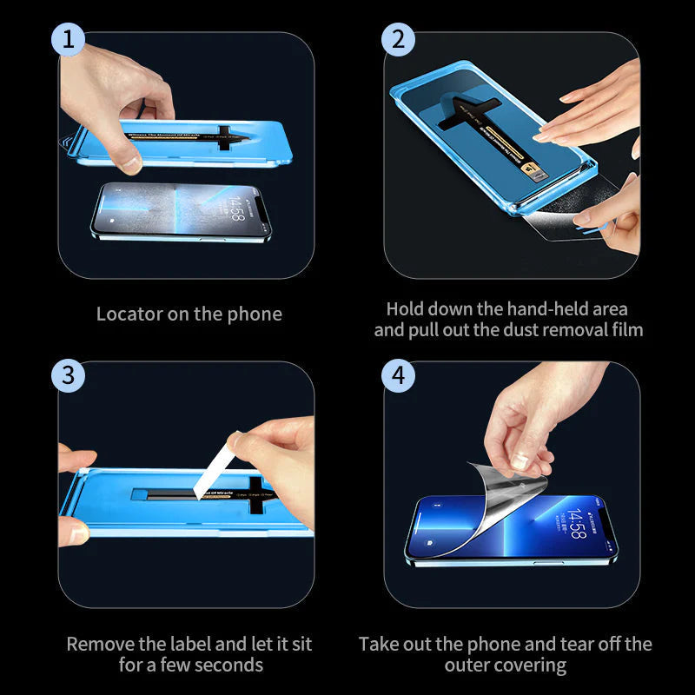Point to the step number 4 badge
[x=399, y=375]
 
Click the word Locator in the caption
[x=129, y=314]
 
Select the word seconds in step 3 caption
[x=223, y=665]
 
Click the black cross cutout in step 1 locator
[x=228, y=136]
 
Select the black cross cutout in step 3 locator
[x=261, y=495]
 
